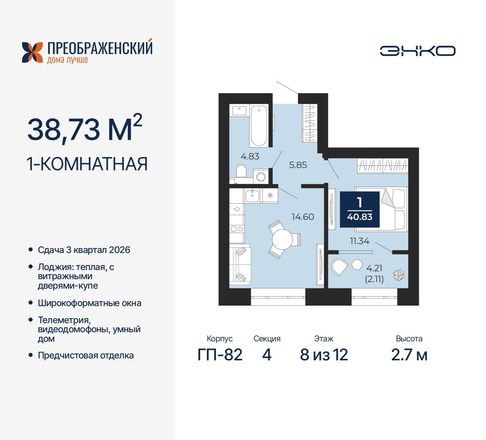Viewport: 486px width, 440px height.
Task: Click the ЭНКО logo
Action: (417, 51)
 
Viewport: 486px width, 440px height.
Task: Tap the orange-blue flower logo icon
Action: (32, 52)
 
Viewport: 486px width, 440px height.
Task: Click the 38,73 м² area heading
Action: (85, 129)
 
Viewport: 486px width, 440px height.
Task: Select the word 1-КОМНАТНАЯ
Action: (87, 164)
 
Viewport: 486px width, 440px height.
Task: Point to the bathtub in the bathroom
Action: (259, 126)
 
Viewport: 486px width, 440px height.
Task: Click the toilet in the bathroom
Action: (241, 171)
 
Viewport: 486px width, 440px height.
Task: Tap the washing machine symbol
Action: (261, 176)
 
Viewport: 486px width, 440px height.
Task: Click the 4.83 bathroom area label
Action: (250, 156)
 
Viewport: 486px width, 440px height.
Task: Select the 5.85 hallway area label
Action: (298, 165)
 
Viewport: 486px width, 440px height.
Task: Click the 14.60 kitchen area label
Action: (303, 217)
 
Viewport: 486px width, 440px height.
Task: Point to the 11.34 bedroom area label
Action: (359, 241)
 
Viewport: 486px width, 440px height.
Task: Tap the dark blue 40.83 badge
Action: (360, 209)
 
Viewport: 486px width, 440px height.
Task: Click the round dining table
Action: (282, 239)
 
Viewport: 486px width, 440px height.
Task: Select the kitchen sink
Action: (252, 196)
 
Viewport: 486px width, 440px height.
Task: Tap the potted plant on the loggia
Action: (399, 275)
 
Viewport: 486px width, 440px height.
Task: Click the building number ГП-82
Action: (220, 355)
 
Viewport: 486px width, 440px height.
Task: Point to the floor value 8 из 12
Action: (324, 355)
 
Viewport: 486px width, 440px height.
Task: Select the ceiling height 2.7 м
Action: (409, 355)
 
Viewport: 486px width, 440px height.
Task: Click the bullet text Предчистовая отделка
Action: (86, 356)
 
